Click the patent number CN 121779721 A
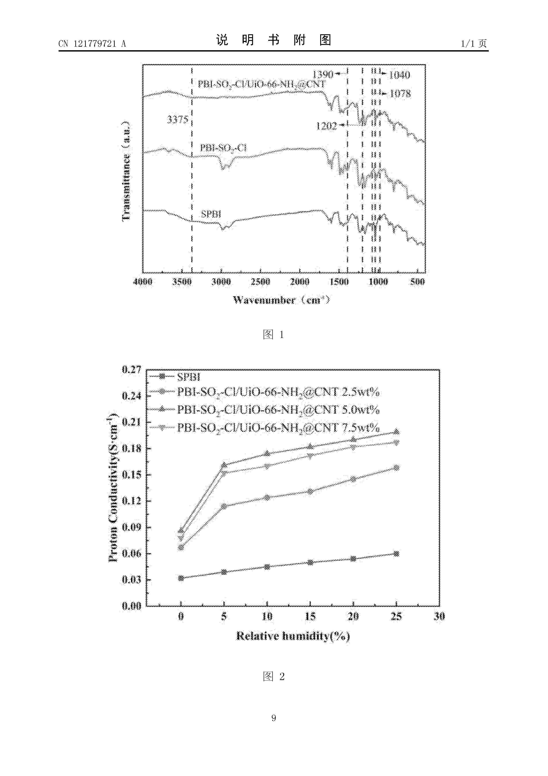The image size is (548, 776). click(92, 44)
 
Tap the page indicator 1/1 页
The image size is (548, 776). click(474, 44)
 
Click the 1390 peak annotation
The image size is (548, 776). click(323, 74)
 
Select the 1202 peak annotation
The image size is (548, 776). click(327, 126)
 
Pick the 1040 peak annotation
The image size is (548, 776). click(400, 75)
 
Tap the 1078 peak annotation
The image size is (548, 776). click(400, 94)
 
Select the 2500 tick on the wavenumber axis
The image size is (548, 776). click(260, 282)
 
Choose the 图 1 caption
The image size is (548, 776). click(274, 335)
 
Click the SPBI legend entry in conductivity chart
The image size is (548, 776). click(188, 377)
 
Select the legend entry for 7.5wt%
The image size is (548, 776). click(278, 428)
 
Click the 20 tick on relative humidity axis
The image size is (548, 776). click(353, 617)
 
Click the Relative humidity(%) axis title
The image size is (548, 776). click(293, 636)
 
